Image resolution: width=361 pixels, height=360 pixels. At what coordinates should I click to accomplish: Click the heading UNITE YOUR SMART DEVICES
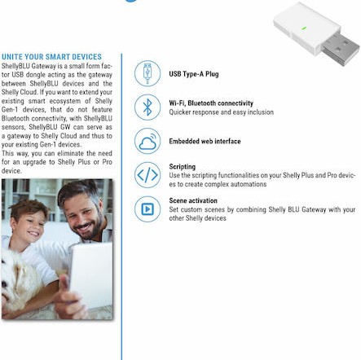point(51,57)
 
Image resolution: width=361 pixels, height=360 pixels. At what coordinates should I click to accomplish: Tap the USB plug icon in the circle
point(147,74)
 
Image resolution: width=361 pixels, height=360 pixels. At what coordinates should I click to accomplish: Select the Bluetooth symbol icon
point(147,108)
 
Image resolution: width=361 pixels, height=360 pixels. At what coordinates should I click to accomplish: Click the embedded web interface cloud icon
point(147,141)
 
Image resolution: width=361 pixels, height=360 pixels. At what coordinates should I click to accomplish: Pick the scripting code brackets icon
point(147,174)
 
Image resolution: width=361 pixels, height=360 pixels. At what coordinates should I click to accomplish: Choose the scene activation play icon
point(147,209)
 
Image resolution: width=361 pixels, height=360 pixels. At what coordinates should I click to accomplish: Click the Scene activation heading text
point(192,200)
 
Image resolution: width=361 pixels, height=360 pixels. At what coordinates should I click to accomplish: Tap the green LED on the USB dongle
point(304,29)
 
